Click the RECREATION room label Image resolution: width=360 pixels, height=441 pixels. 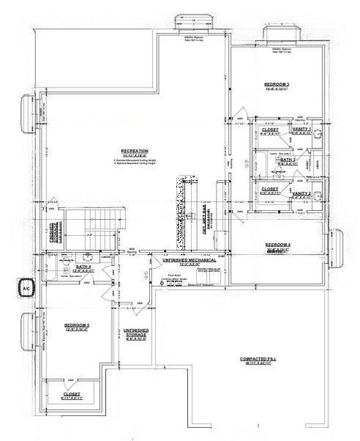click(x=135, y=150)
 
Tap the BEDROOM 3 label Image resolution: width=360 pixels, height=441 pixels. click(x=277, y=85)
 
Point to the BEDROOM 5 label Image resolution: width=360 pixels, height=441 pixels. click(x=76, y=326)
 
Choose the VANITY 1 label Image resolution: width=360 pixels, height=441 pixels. click(x=301, y=129)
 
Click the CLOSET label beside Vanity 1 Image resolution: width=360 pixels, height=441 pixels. click(x=270, y=129)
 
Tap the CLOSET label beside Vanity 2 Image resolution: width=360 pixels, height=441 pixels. click(x=270, y=189)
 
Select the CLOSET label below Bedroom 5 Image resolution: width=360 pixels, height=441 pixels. click(x=71, y=394)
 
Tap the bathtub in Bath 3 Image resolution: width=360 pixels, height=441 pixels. click(x=276, y=159)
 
